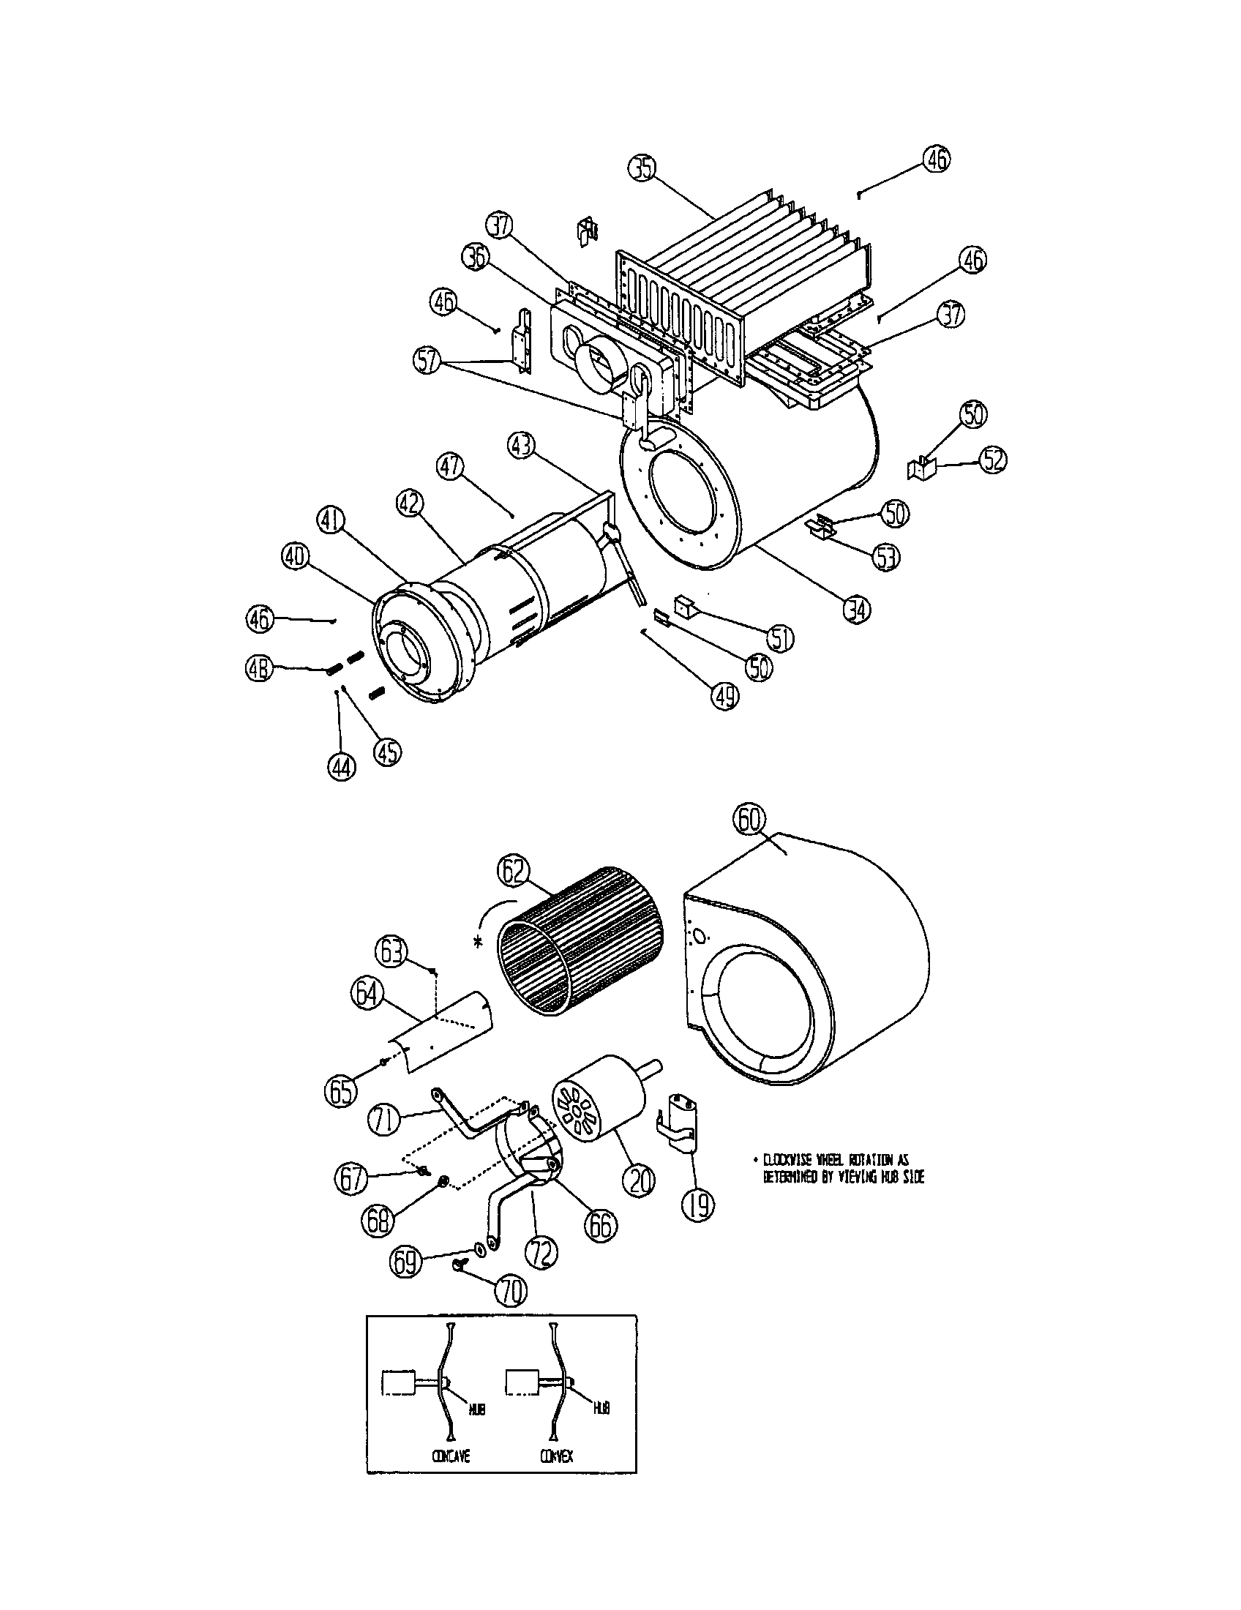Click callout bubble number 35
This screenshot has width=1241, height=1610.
(x=642, y=169)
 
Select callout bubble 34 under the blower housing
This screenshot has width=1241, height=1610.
(x=856, y=609)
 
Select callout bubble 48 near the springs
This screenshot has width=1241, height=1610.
(x=258, y=669)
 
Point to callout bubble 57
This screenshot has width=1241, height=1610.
(x=428, y=361)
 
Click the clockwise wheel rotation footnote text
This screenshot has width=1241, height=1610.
(x=841, y=1169)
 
